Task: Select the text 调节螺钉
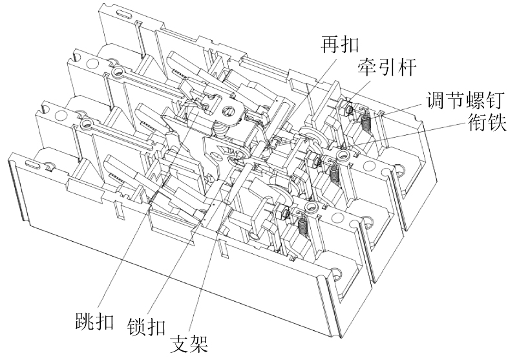click(460, 100)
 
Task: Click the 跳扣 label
click(92, 321)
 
